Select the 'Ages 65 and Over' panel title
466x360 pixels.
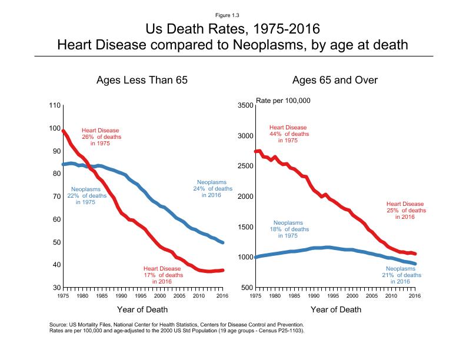pyautogui.click(x=335, y=80)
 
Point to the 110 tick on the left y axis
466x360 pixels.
pyautogui.click(x=54, y=106)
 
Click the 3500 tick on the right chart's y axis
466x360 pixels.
pyautogui.click(x=245, y=106)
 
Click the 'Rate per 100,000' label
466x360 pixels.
pyautogui.click(x=283, y=101)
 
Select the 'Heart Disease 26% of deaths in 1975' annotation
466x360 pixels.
pyautogui.click(x=100, y=137)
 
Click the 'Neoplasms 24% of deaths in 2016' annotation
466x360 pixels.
pyautogui.click(x=214, y=188)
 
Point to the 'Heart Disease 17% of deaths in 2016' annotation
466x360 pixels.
pyautogui.click(x=162, y=275)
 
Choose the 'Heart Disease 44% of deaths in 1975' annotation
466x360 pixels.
pyautogui.click(x=288, y=134)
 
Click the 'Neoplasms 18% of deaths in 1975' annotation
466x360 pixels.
pyautogui.click(x=288, y=229)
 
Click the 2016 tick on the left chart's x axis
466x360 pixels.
pyautogui.click(x=222, y=296)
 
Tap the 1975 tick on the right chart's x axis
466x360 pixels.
pyautogui.click(x=255, y=296)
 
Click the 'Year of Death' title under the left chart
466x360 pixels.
pyautogui.click(x=142, y=309)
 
